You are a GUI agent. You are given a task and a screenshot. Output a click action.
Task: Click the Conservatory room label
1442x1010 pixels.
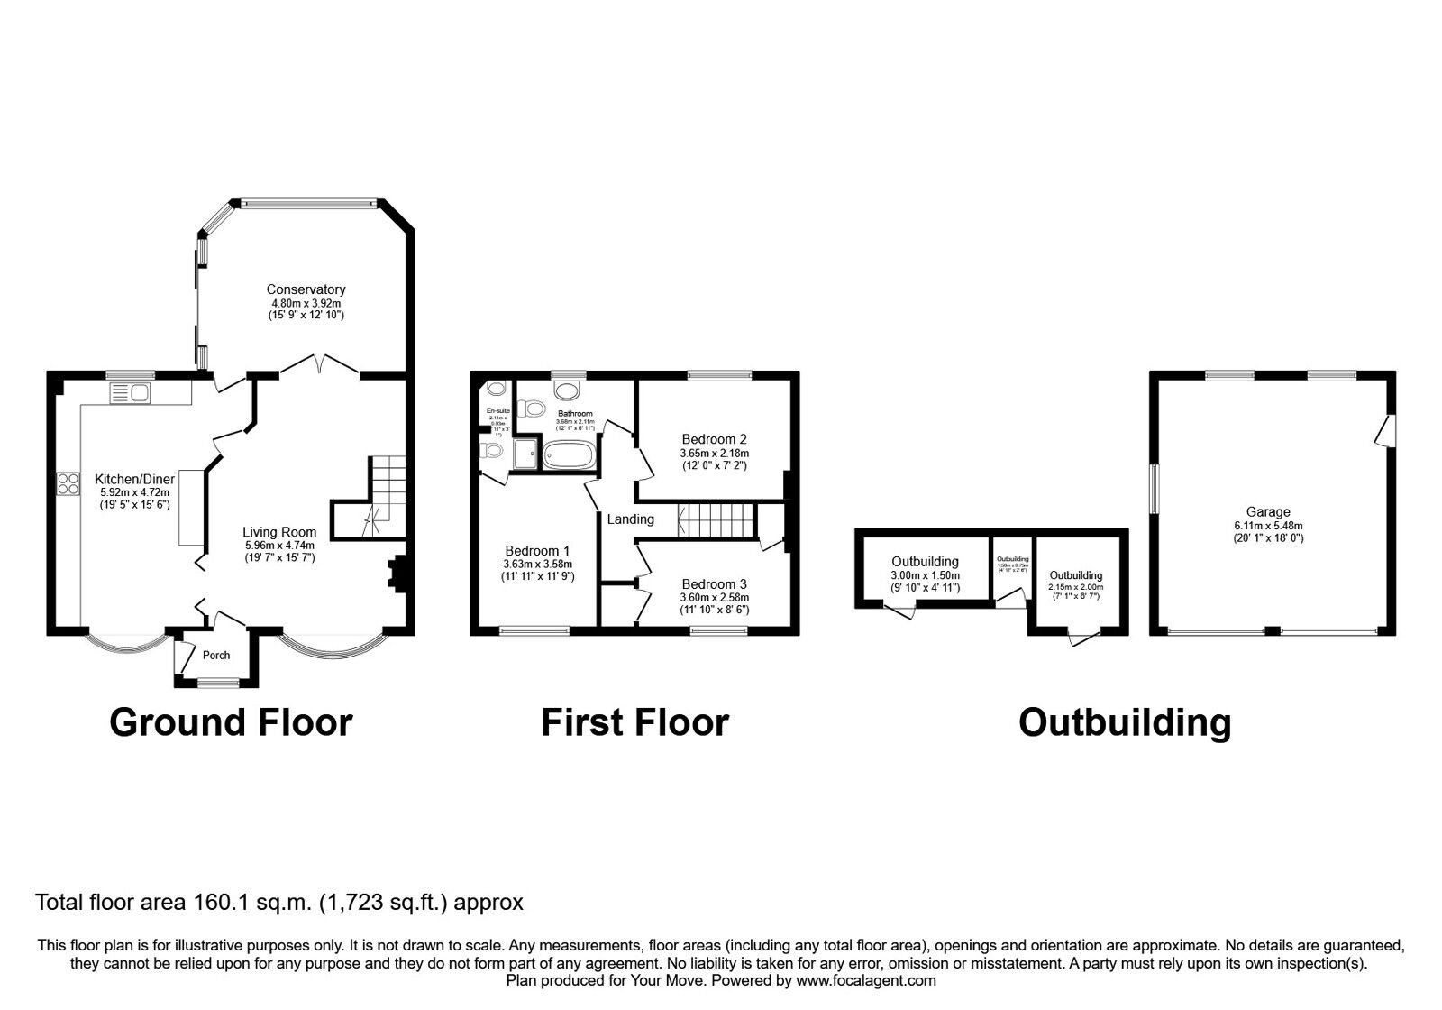tap(306, 289)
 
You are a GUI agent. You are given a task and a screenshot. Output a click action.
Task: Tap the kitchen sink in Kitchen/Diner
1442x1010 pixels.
tap(132, 392)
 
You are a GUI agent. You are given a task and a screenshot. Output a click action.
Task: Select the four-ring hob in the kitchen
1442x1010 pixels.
tap(68, 483)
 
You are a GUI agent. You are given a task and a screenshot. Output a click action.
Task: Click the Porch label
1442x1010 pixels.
tap(215, 656)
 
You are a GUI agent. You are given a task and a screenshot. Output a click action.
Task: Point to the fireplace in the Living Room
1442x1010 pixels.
tap(396, 574)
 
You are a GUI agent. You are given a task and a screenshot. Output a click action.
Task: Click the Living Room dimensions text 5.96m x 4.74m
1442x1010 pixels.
tap(279, 546)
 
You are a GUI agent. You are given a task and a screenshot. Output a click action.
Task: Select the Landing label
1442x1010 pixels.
tap(630, 519)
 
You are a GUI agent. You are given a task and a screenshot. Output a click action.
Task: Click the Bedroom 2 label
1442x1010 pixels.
tap(714, 440)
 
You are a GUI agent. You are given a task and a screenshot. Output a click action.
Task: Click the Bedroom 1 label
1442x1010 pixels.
tap(537, 551)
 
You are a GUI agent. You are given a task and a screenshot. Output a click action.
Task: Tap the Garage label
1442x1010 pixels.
tap(1268, 512)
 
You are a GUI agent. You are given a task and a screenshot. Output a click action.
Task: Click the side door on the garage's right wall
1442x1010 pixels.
tap(1384, 430)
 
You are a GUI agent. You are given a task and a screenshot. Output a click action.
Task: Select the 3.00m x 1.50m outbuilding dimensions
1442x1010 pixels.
tap(926, 575)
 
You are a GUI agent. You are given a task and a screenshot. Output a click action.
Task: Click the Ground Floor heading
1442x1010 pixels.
tap(231, 722)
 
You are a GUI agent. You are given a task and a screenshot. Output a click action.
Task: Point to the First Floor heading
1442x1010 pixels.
tap(634, 722)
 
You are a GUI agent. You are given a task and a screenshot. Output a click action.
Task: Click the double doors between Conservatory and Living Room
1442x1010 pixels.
tap(319, 365)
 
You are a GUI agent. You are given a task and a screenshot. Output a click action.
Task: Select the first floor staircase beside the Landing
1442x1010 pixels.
tap(716, 519)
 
